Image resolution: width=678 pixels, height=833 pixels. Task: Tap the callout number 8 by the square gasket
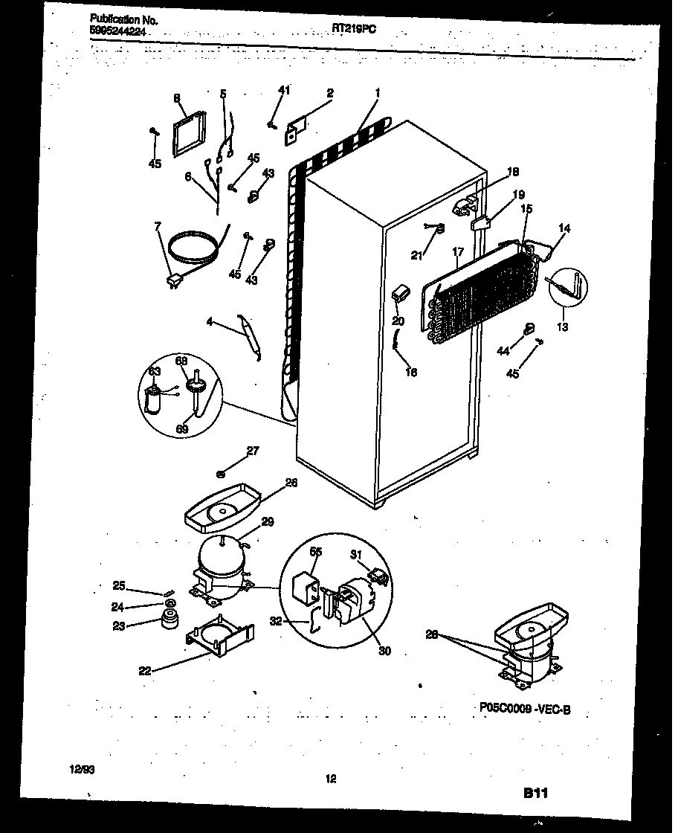pyautogui.click(x=177, y=98)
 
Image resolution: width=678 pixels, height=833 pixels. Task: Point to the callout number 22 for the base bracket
pyautogui.click(x=145, y=670)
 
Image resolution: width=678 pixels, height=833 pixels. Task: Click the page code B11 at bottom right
pyautogui.click(x=532, y=794)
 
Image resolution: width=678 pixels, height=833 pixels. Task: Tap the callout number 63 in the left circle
pyautogui.click(x=154, y=370)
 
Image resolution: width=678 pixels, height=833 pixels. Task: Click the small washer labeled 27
pyautogui.click(x=222, y=473)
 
